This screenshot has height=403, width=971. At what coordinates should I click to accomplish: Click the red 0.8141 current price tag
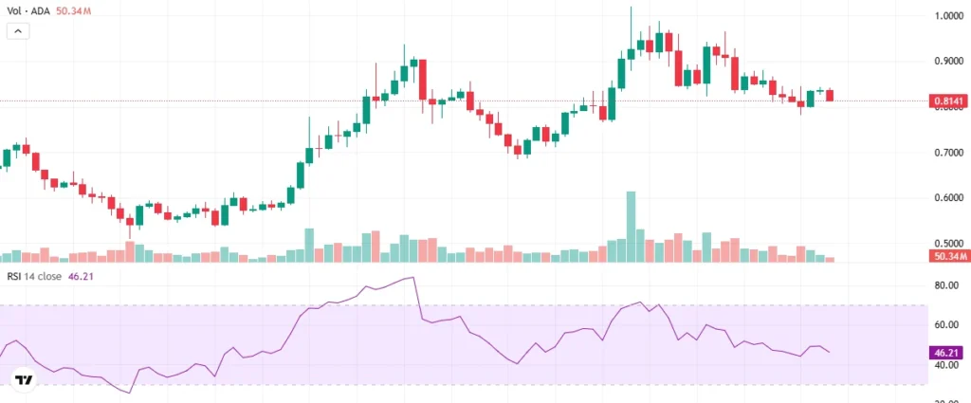point(949,101)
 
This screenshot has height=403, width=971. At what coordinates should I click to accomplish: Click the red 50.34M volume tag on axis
point(949,257)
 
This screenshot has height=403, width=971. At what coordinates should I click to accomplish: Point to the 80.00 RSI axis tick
point(947,285)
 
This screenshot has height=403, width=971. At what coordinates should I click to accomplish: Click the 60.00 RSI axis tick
point(947,324)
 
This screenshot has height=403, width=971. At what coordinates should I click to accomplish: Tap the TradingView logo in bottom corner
point(24,380)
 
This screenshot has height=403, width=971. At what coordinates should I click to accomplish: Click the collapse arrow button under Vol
point(19,30)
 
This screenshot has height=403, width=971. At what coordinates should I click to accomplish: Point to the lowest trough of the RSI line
point(129,392)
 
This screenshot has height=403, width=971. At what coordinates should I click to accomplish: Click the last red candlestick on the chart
point(831,95)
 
